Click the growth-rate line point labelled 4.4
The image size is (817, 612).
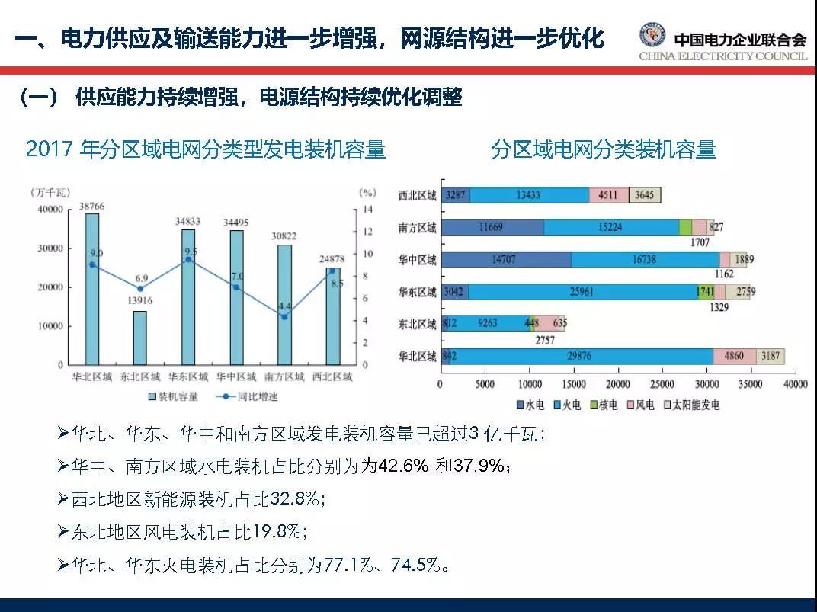click(x=284, y=317)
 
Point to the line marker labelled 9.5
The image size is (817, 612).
click(x=188, y=260)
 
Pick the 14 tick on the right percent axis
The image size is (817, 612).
click(x=367, y=210)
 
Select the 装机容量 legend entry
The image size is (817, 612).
click(x=175, y=396)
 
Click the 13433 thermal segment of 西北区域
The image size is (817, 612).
click(x=529, y=195)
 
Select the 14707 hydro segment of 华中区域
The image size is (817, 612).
click(x=505, y=260)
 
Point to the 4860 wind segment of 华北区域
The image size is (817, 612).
click(x=735, y=356)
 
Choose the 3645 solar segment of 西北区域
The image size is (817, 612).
click(x=645, y=195)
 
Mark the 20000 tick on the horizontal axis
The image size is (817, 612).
click(x=617, y=384)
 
